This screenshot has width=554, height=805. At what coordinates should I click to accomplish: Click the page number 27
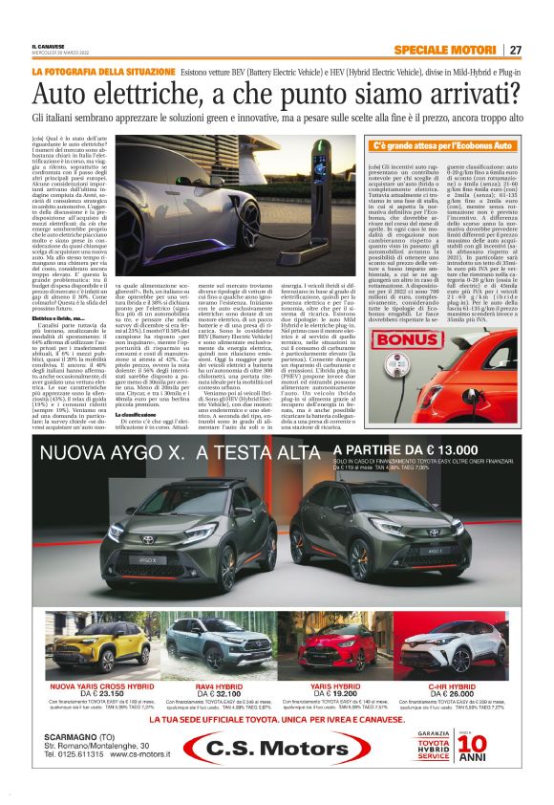[x=515, y=50]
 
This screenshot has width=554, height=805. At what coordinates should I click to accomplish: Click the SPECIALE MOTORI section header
[x=445, y=50]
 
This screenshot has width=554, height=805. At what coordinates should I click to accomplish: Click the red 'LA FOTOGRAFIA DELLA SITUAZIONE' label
[x=102, y=72]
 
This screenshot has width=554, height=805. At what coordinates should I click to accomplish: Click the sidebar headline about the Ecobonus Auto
[x=442, y=146]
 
